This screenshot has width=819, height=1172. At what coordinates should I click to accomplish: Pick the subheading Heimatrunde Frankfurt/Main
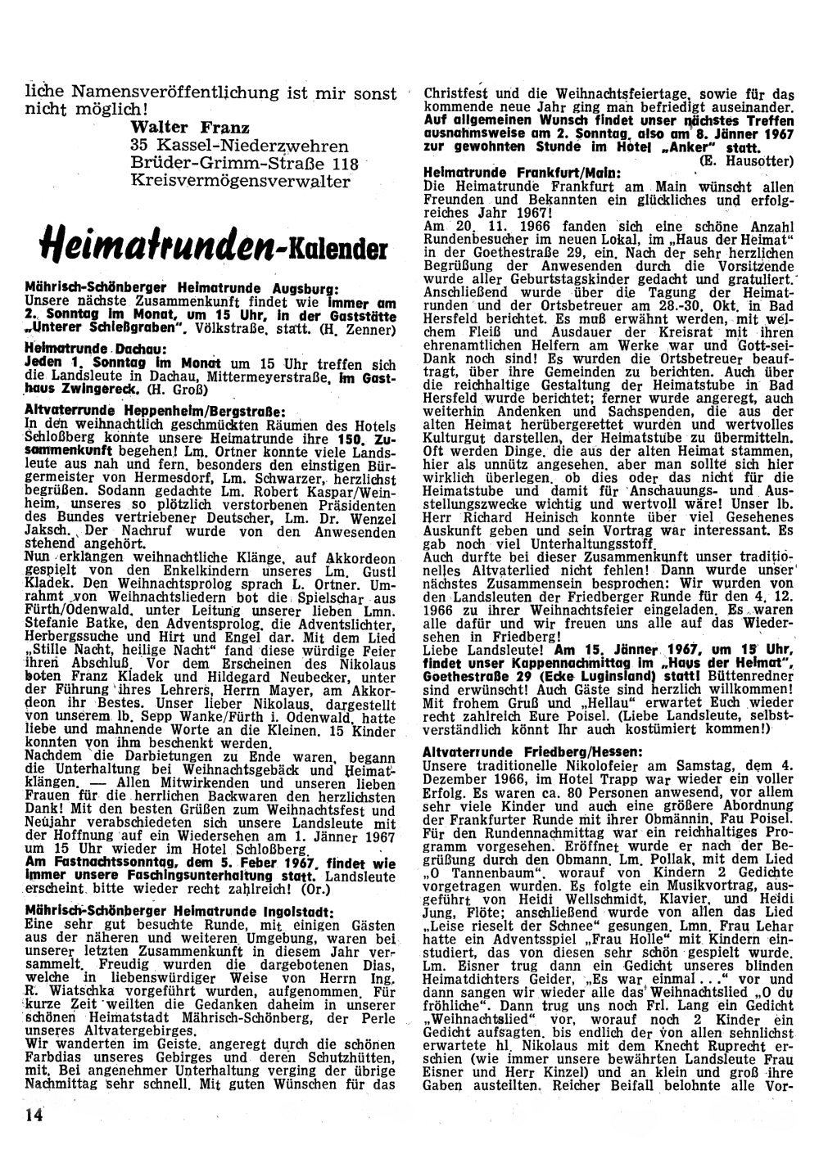point(523,173)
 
